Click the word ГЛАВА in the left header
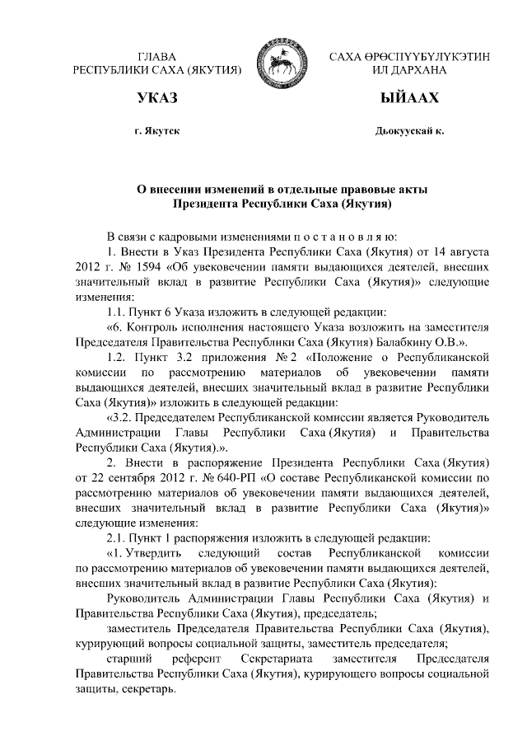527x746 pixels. pyautogui.click(x=157, y=56)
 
